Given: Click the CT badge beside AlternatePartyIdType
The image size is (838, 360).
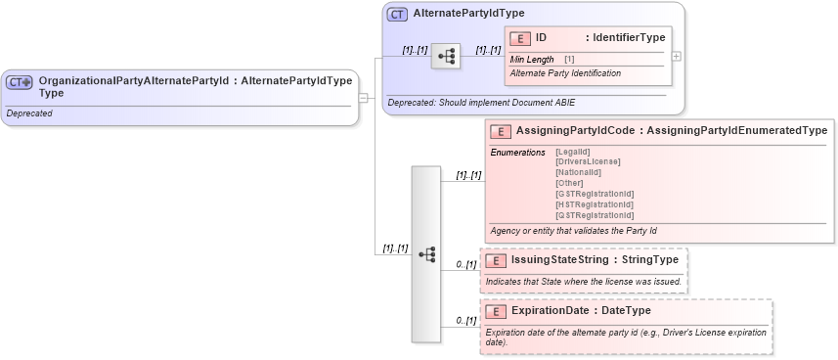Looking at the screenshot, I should point(397,15).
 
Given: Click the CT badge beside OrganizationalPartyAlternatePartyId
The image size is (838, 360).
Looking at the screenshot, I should point(20,83).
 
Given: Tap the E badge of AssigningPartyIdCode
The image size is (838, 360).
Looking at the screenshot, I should point(500,131).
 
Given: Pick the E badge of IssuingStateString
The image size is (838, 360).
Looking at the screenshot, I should point(496,261).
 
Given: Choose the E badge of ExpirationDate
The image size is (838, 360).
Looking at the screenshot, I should point(496,311).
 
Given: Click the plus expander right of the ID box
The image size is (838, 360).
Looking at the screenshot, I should point(677,57).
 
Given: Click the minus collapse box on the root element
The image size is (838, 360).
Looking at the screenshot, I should point(363,97).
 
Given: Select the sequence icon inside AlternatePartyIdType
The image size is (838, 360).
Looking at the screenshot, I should point(446,57).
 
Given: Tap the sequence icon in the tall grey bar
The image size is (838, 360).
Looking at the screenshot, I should point(426,253).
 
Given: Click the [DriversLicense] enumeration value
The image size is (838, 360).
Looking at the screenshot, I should point(587,161).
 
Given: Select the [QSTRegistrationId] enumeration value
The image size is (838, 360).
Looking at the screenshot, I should point(594,215).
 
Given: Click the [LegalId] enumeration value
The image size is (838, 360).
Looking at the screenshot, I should point(573,153).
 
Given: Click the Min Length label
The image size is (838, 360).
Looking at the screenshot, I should point(532,60).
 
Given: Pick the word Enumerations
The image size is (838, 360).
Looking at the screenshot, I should point(517,153).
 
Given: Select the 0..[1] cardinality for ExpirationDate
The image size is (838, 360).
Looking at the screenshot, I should point(465,320).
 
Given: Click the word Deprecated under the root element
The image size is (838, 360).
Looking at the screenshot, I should point(29,113).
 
